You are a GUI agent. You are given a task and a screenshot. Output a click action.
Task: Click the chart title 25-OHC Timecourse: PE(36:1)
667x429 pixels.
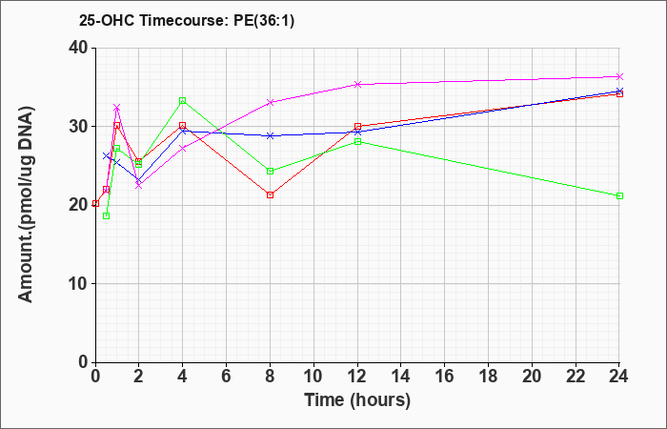(187, 21)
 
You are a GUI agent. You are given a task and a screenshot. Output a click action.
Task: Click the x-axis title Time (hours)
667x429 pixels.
(357, 400)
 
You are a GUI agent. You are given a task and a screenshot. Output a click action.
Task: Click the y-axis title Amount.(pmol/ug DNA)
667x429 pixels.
(26, 205)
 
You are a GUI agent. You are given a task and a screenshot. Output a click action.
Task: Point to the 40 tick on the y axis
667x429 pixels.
(78, 48)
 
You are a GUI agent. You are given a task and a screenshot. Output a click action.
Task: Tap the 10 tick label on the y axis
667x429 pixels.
(78, 284)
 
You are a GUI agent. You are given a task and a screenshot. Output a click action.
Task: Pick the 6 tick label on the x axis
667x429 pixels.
(226, 377)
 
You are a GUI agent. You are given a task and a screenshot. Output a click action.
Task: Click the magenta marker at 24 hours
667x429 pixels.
(619, 76)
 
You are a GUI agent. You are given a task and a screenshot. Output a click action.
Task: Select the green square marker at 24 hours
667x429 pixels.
(619, 195)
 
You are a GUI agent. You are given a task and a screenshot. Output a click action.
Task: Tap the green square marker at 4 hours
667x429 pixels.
(183, 100)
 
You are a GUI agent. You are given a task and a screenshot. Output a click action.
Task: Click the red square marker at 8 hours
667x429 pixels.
(270, 194)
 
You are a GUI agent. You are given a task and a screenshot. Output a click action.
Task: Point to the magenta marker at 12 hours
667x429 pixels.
(357, 84)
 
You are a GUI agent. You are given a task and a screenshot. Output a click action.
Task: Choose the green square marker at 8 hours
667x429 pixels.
(270, 171)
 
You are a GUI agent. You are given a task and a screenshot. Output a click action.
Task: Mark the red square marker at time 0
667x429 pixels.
(95, 203)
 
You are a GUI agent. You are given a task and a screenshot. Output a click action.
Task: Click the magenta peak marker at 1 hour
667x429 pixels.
(117, 107)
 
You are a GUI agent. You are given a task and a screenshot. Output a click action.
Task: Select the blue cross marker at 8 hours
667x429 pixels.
(270, 135)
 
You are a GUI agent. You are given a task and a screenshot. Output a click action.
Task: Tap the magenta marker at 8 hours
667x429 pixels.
(270, 102)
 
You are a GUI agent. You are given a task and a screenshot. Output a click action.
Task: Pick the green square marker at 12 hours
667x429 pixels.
(357, 142)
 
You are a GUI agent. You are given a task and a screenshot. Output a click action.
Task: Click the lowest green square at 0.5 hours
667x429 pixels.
(107, 215)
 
